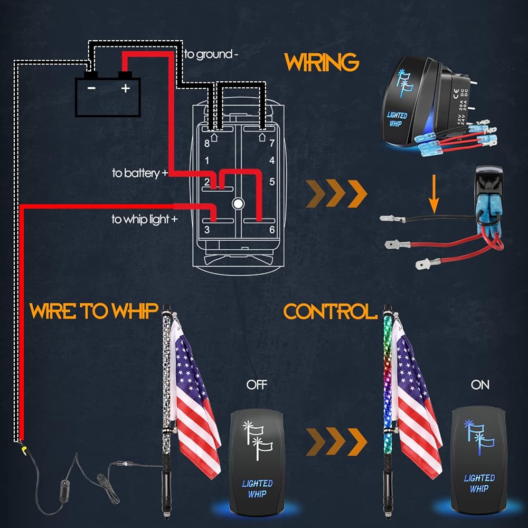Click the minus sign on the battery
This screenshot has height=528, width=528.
pos(91,89)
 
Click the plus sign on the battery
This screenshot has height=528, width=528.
pos(125,89)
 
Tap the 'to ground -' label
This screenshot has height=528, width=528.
pos(208,54)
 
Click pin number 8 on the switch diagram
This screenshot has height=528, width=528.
pos(207,143)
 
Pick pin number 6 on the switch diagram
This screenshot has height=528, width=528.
pos(272,229)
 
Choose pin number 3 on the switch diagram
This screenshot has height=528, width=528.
pos(207,229)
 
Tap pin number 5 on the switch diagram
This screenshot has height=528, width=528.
pos(272,182)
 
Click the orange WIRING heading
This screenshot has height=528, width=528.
pos(322,63)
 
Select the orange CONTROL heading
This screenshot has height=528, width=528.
pos(330,312)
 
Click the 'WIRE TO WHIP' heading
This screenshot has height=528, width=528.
pos(94,312)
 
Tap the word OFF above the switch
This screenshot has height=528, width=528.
pos(257,385)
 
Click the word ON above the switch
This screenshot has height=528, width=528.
pos(480,385)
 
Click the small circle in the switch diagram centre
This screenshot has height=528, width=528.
pos(238,203)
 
